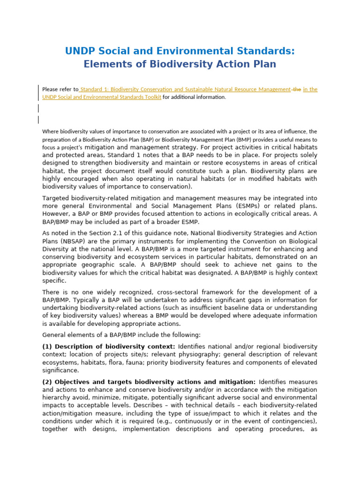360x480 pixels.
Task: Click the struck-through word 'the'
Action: tap(297, 89)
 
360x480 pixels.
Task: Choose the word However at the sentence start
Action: tap(57, 214)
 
